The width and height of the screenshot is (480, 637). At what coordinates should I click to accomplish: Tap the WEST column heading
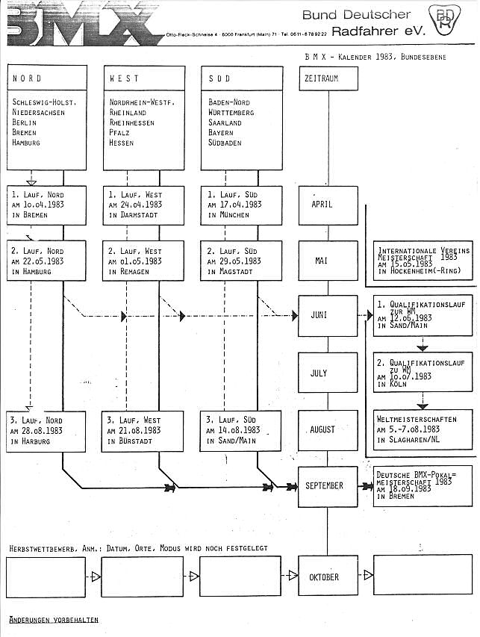coord(124,78)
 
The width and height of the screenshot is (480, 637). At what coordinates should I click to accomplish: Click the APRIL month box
coord(322,204)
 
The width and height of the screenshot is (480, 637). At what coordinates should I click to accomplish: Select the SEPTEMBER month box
coord(324,486)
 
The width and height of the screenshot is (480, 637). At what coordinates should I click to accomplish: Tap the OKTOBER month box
coord(324,577)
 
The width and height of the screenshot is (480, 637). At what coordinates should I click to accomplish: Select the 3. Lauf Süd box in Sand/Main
coord(241,430)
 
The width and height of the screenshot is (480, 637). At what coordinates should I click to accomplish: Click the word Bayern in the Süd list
coord(221,133)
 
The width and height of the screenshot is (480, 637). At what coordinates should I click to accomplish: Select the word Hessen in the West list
coord(122,143)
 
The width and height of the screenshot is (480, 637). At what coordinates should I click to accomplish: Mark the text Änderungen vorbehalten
coord(53,620)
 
